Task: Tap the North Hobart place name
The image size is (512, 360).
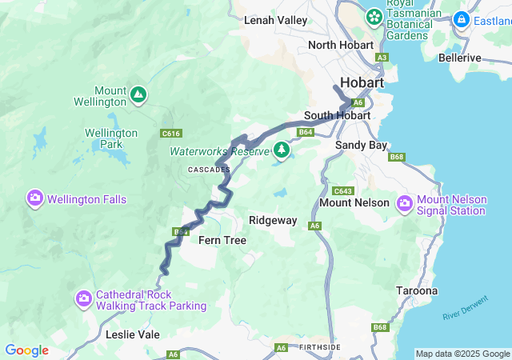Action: click(341, 45)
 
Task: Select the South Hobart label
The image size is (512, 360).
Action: click(337, 115)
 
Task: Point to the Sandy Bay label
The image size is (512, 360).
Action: click(361, 145)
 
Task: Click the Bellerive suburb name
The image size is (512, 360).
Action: click(460, 58)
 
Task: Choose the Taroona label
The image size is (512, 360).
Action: click(417, 291)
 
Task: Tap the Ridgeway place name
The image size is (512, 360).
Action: click(273, 220)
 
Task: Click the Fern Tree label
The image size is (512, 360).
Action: click(222, 240)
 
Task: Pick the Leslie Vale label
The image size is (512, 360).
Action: click(133, 334)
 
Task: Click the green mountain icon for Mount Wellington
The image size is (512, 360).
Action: click(138, 94)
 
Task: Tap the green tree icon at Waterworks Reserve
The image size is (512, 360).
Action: click(281, 149)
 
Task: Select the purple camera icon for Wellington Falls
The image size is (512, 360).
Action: click(34, 198)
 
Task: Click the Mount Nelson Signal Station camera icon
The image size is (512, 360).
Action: click(404, 203)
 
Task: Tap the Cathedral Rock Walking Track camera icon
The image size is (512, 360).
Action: click(84, 298)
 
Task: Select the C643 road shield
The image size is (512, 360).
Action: click(342, 190)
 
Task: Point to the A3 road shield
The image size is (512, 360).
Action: click(382, 58)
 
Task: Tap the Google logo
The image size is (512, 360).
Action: click(26, 350)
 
